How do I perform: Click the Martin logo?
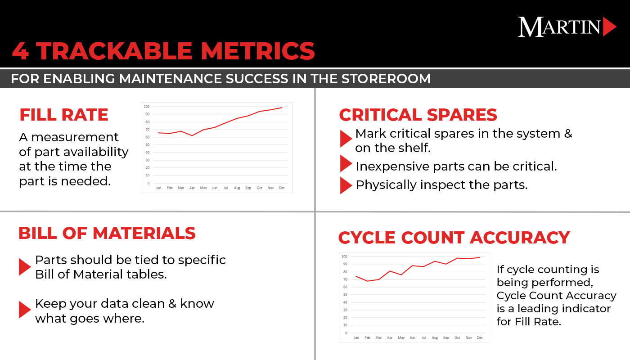(566, 27)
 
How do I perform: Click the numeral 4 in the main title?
(21, 51)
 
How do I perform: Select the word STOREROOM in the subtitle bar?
(386, 79)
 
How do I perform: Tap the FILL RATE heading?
(63, 115)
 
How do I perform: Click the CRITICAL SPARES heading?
(418, 115)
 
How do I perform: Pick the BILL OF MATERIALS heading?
(107, 233)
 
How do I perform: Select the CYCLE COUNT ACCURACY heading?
(454, 237)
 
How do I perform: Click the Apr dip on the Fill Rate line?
(192, 135)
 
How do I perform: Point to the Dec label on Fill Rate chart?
(282, 188)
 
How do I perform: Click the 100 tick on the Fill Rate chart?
(147, 107)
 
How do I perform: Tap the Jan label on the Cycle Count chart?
(356, 337)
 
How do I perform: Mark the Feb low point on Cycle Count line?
(368, 281)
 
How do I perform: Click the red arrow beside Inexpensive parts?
(345, 164)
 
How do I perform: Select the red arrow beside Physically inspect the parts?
(345, 185)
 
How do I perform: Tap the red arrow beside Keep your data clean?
(24, 310)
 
